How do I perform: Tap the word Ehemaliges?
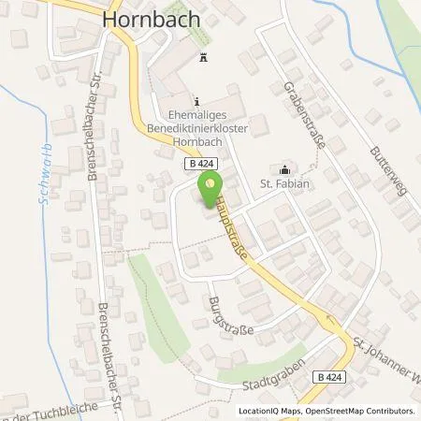click(196, 118)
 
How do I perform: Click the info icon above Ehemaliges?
click(196, 101)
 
